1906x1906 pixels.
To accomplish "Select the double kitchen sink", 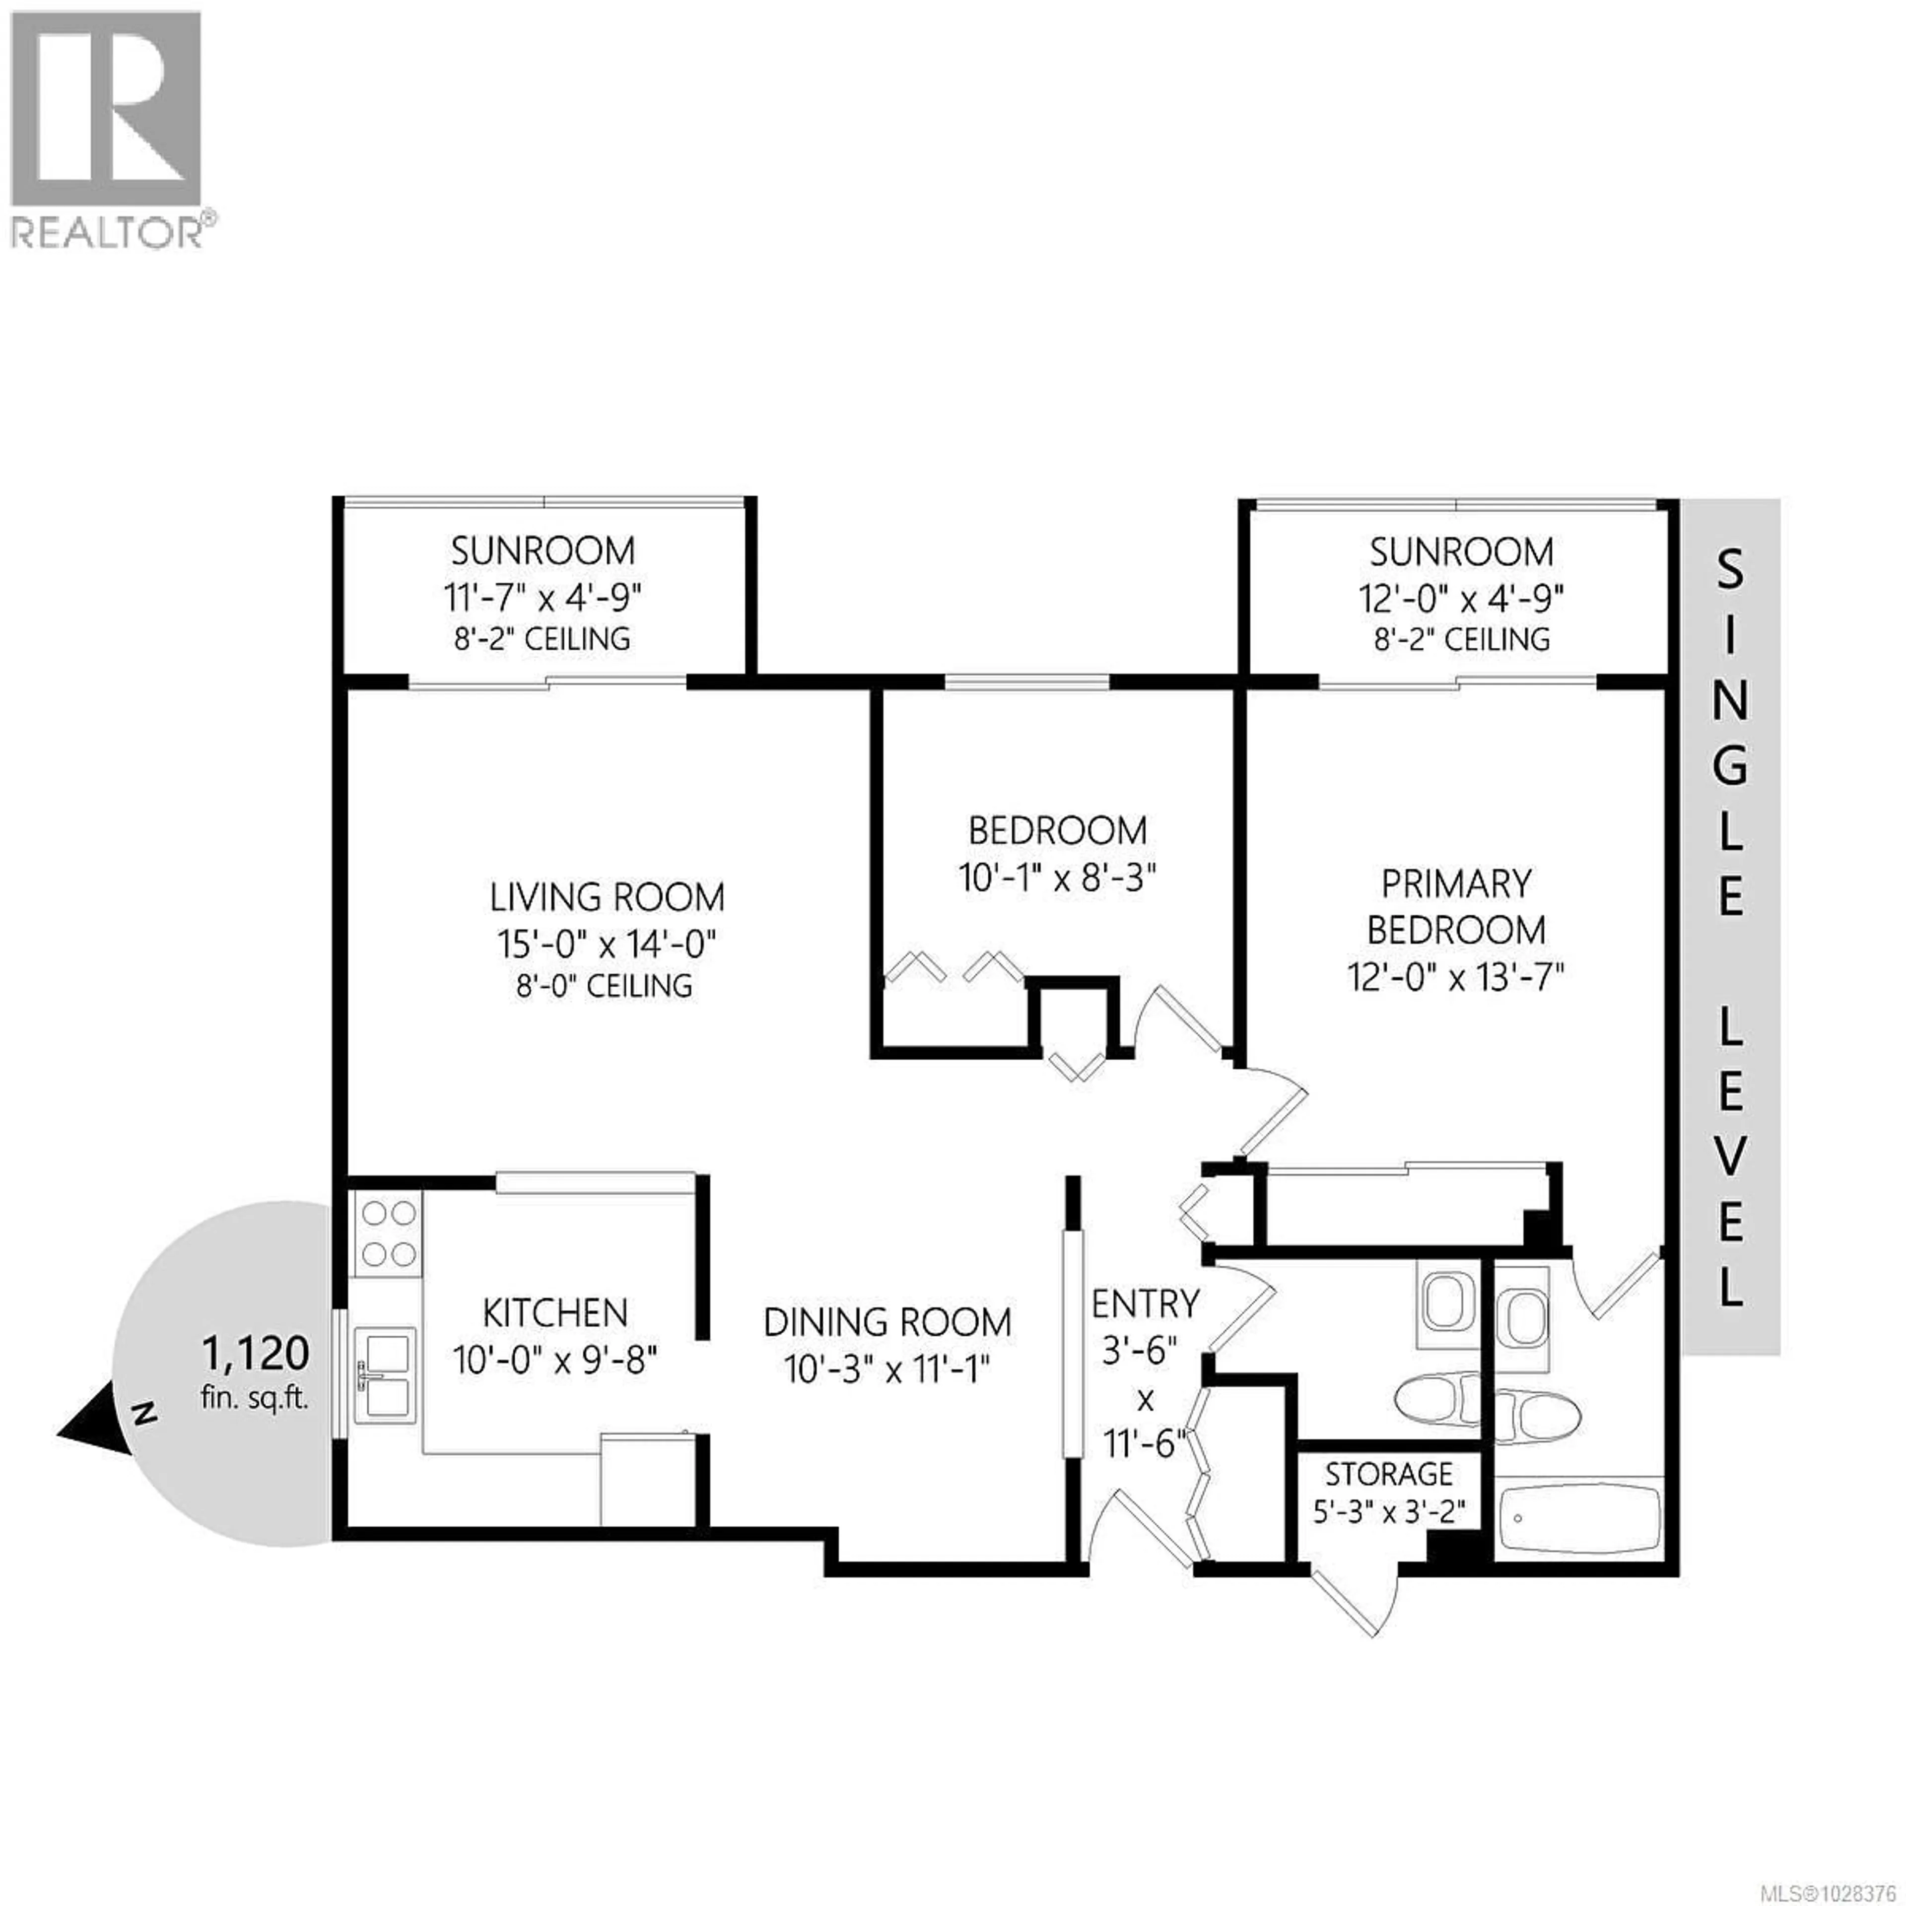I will (x=385, y=1377).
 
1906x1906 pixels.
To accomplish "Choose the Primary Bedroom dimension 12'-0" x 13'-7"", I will (x=1456, y=978).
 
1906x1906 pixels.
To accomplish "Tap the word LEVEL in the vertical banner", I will (x=1730, y=1159).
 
